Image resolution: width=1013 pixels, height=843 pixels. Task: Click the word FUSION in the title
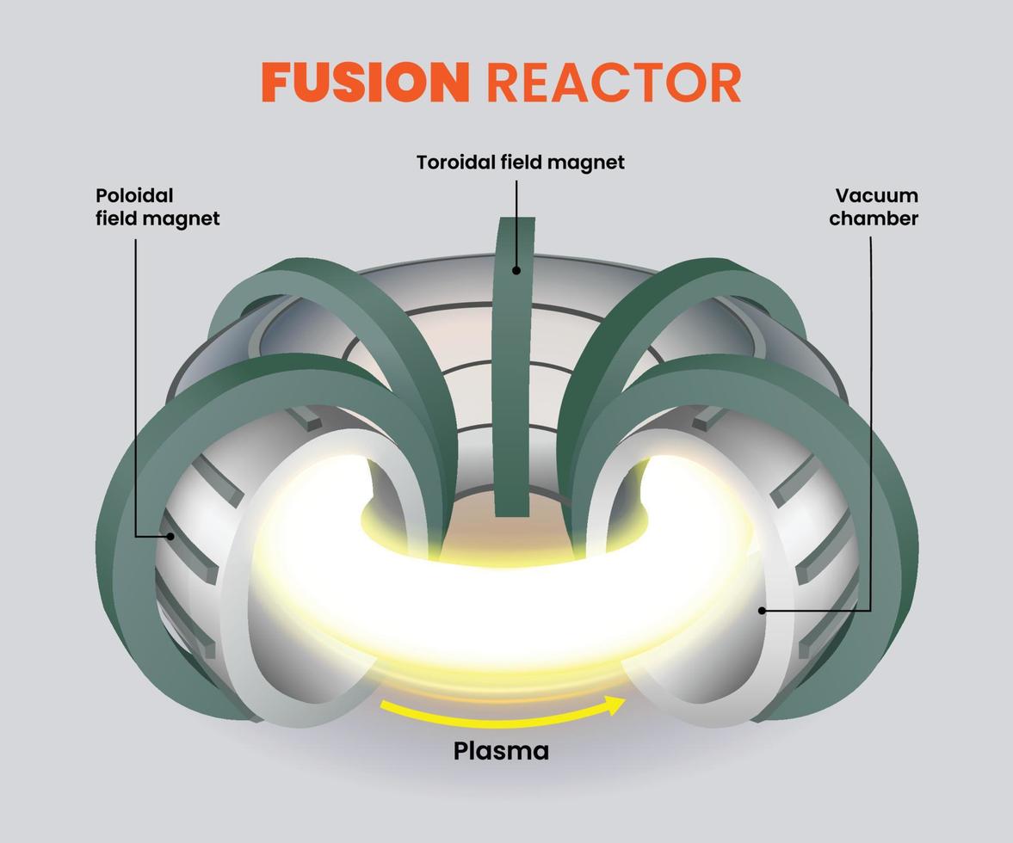(366, 83)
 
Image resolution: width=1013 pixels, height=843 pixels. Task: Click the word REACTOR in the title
(613, 83)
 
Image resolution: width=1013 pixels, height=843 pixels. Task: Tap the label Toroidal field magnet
(520, 162)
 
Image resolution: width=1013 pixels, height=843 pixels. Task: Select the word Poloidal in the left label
(134, 195)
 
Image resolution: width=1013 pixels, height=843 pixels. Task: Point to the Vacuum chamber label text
(874, 206)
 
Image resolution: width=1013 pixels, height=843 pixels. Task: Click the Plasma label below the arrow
(501, 751)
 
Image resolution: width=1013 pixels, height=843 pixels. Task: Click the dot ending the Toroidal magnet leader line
(516, 270)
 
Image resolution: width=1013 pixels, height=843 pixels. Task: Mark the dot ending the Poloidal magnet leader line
(170, 536)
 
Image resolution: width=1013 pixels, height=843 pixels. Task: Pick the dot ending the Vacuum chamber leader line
(762, 611)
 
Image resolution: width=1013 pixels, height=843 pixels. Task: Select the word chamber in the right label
(874, 218)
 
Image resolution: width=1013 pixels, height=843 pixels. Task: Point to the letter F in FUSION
(275, 83)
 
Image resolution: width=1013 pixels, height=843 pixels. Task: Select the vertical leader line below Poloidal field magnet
(135, 387)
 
